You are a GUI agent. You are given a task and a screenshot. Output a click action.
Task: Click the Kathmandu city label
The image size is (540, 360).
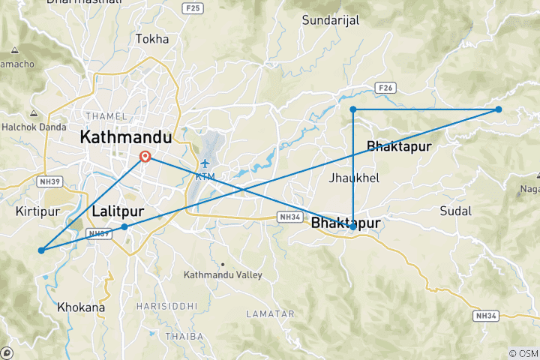pos(125,138)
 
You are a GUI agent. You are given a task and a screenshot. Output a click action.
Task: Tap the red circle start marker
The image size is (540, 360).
pos(145,157)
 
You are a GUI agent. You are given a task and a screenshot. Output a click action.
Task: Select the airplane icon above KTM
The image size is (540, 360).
pos(205,163)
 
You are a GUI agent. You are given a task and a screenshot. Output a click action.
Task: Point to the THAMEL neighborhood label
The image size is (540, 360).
pos(100,115)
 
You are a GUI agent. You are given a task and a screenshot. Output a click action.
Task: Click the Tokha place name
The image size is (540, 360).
pos(152,38)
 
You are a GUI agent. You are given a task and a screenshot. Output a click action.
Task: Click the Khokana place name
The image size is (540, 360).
pos(81,307)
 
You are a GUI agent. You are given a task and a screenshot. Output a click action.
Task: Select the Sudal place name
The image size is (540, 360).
pos(457,210)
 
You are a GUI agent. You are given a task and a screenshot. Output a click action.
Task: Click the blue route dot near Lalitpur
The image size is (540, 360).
pos(124,226)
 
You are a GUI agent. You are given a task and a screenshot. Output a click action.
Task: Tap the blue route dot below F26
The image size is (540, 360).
pos(353,109)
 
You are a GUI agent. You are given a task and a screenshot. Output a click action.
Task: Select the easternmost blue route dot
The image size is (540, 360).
pos(498,109)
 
